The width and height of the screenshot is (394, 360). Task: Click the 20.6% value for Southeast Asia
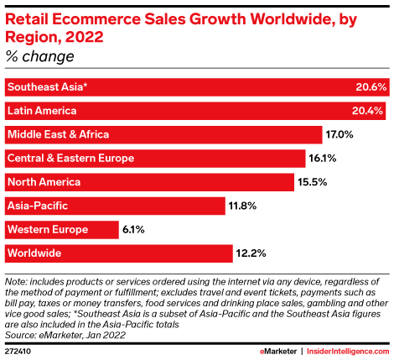click(x=371, y=87)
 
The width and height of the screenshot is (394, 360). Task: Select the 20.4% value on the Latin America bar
click(x=367, y=111)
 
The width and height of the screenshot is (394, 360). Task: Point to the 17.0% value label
click(x=340, y=134)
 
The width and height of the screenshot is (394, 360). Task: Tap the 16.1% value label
click(x=323, y=159)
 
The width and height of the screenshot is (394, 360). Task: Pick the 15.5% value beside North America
click(x=312, y=182)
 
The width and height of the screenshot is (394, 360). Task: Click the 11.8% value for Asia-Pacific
click(x=242, y=206)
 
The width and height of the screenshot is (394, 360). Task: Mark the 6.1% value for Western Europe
click(x=133, y=230)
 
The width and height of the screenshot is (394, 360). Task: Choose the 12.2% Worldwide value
click(x=251, y=253)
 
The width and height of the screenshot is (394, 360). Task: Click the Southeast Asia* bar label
click(x=48, y=87)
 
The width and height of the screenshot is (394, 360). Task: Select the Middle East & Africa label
click(x=58, y=134)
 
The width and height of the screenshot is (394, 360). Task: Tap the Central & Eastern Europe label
click(x=70, y=159)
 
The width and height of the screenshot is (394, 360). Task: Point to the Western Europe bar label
click(x=48, y=230)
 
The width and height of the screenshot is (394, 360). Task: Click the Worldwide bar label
click(x=34, y=253)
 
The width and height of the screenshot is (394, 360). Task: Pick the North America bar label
click(x=44, y=182)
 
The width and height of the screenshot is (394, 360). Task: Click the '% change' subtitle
click(x=39, y=56)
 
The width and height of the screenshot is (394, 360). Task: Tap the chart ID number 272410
click(x=18, y=352)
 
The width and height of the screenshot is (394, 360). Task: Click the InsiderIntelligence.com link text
click(x=348, y=352)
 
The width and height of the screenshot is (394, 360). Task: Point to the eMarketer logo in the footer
click(x=278, y=352)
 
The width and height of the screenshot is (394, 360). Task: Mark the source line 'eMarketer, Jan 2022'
click(x=82, y=335)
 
